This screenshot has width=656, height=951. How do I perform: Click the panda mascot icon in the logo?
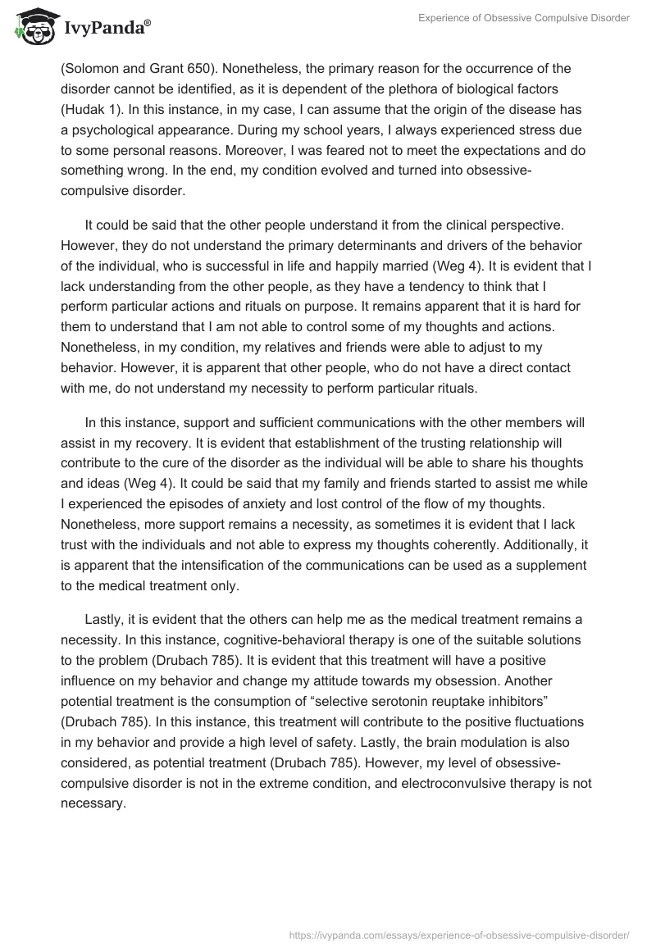[x=30, y=28]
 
